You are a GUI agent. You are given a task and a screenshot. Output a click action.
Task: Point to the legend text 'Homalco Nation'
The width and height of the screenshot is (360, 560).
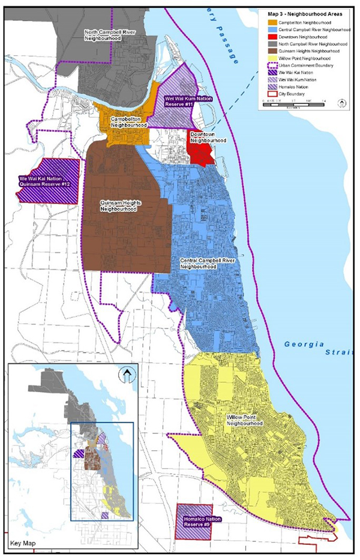coord(291,86)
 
